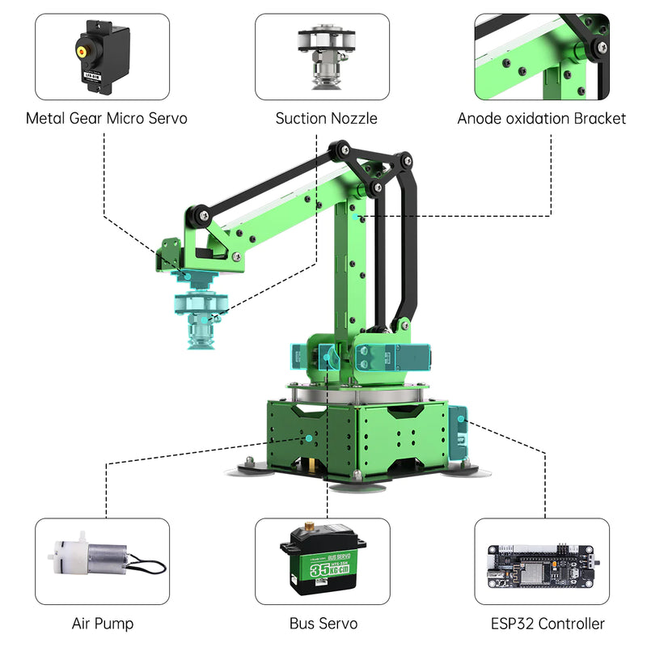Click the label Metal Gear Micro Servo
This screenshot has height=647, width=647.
[x=106, y=119]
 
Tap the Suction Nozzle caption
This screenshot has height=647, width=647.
[x=326, y=119]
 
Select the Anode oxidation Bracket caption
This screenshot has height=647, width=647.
[x=541, y=119]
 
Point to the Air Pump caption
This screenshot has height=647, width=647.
[x=103, y=624]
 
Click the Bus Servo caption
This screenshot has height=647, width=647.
[x=323, y=624]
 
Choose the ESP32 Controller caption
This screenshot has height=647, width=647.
[x=547, y=624]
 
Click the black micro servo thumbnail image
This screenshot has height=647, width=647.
[x=102, y=56]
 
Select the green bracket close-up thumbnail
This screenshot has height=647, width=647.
[x=541, y=56]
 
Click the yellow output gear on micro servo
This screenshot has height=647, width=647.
[x=82, y=49]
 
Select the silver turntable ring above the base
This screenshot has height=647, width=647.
[x=356, y=396]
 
